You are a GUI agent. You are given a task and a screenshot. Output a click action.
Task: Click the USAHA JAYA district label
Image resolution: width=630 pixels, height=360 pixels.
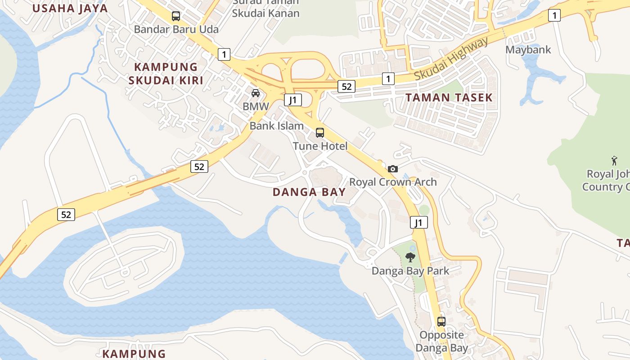point(70,8)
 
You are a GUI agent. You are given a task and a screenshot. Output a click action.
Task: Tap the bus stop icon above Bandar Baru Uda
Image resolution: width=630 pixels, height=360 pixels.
point(176,16)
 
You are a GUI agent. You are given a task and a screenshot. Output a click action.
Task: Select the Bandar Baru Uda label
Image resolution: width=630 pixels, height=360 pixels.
point(176,29)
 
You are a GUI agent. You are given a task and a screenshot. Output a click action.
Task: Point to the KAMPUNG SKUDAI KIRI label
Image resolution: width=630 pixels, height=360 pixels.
point(166,74)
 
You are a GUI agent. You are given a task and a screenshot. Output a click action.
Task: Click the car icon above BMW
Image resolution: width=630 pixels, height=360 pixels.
point(256,93)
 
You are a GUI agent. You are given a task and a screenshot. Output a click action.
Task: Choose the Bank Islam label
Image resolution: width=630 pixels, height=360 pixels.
point(276,126)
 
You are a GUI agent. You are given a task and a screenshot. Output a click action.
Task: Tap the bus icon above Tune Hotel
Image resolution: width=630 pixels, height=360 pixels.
point(320,133)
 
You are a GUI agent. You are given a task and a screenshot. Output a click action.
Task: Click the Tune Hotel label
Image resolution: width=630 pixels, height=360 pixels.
point(320,146)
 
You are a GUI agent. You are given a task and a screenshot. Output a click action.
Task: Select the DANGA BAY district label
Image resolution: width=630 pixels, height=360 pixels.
point(309,192)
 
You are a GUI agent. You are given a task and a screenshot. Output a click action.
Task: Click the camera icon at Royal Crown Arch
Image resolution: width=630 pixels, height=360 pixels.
point(393,169)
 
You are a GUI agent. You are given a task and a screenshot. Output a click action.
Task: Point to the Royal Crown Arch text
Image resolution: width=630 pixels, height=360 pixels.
point(393,182)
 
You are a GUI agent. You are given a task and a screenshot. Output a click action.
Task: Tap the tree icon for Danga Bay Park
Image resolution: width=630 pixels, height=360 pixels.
point(410,257)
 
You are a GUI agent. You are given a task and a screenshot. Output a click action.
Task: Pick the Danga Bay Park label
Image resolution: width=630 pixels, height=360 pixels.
point(410,270)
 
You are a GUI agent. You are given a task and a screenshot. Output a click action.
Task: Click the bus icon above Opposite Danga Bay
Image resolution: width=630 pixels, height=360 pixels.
point(441,322)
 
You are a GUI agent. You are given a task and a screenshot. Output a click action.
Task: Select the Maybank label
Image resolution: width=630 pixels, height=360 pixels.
point(528,49)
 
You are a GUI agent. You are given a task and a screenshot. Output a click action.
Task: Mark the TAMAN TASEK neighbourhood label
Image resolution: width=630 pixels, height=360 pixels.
point(449,97)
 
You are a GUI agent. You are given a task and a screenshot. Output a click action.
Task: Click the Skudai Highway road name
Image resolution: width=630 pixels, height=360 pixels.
point(451,59)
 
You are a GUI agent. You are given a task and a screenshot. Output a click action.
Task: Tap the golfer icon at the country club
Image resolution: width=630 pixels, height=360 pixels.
point(614,160)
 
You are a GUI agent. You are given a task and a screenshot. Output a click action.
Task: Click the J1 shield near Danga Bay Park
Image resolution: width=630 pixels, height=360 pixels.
point(418,222)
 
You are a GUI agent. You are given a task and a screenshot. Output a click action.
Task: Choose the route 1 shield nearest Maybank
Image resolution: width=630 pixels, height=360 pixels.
point(554,16)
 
